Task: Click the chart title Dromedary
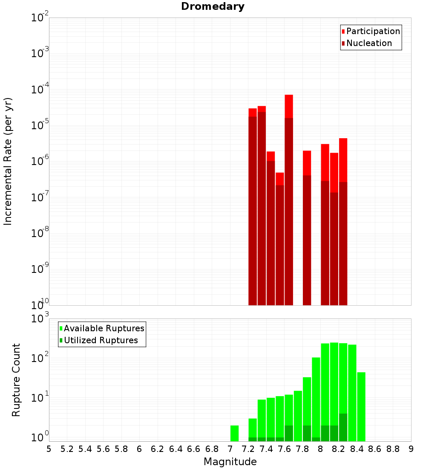pyautogui.click(x=213, y=6)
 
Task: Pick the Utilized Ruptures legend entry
pyautogui.click(x=101, y=340)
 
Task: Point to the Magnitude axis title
pyautogui.click(x=230, y=462)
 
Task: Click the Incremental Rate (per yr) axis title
pyautogui.click(x=8, y=162)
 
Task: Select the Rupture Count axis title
pyautogui.click(x=16, y=380)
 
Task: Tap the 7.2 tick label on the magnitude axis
pyautogui.click(x=248, y=449)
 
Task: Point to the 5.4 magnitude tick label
pyautogui.click(x=85, y=449)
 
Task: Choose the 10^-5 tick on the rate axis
pyautogui.click(x=39, y=124)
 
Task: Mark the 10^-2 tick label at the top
pyautogui.click(x=39, y=18)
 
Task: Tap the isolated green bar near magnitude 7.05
pyautogui.click(x=234, y=433)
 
